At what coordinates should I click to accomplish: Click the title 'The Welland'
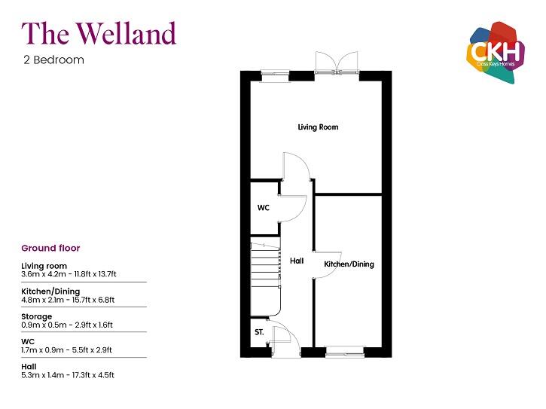point(99,34)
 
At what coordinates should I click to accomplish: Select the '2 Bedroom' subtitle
point(53,60)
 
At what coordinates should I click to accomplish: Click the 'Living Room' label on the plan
point(317,127)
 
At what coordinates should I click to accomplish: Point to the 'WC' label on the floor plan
point(264,207)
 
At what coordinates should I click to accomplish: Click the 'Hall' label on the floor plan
point(297,261)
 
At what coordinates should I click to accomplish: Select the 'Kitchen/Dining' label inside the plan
point(349,264)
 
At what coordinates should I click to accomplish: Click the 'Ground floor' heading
point(50,248)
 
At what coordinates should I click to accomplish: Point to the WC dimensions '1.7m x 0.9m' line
point(66,349)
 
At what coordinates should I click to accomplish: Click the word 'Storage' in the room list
point(37,316)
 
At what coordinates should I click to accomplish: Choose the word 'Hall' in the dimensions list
point(29,366)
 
